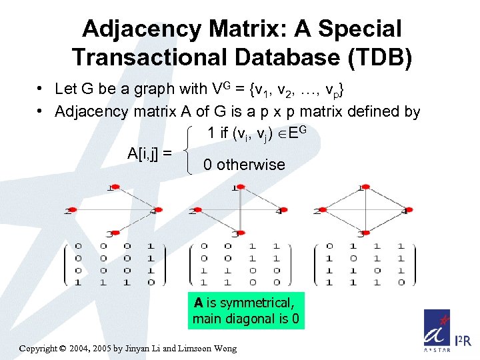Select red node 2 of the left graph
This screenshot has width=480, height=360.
coord(73,210)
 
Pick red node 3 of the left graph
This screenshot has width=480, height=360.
coord(114,233)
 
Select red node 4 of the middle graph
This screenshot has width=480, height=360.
coord(280,210)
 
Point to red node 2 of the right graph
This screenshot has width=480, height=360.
coord(321,210)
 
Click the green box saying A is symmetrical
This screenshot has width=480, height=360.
coord(245,311)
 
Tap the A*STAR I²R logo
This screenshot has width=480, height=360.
coord(446,332)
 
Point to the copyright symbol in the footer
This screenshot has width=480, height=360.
coord(63,348)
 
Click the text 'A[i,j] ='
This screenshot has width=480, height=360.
coord(149,153)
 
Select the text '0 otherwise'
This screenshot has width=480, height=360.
coord(244,165)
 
